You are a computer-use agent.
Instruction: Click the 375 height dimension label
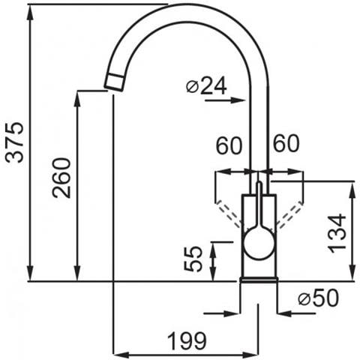15,142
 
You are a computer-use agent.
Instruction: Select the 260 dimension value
61,178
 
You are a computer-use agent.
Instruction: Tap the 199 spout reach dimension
187,341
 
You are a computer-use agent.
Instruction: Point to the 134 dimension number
337,233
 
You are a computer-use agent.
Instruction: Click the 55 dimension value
193,259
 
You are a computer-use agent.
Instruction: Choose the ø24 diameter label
206,85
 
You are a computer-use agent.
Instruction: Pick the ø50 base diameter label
318,298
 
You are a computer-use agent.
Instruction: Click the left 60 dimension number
229,145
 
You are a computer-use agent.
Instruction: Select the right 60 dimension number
286,143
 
